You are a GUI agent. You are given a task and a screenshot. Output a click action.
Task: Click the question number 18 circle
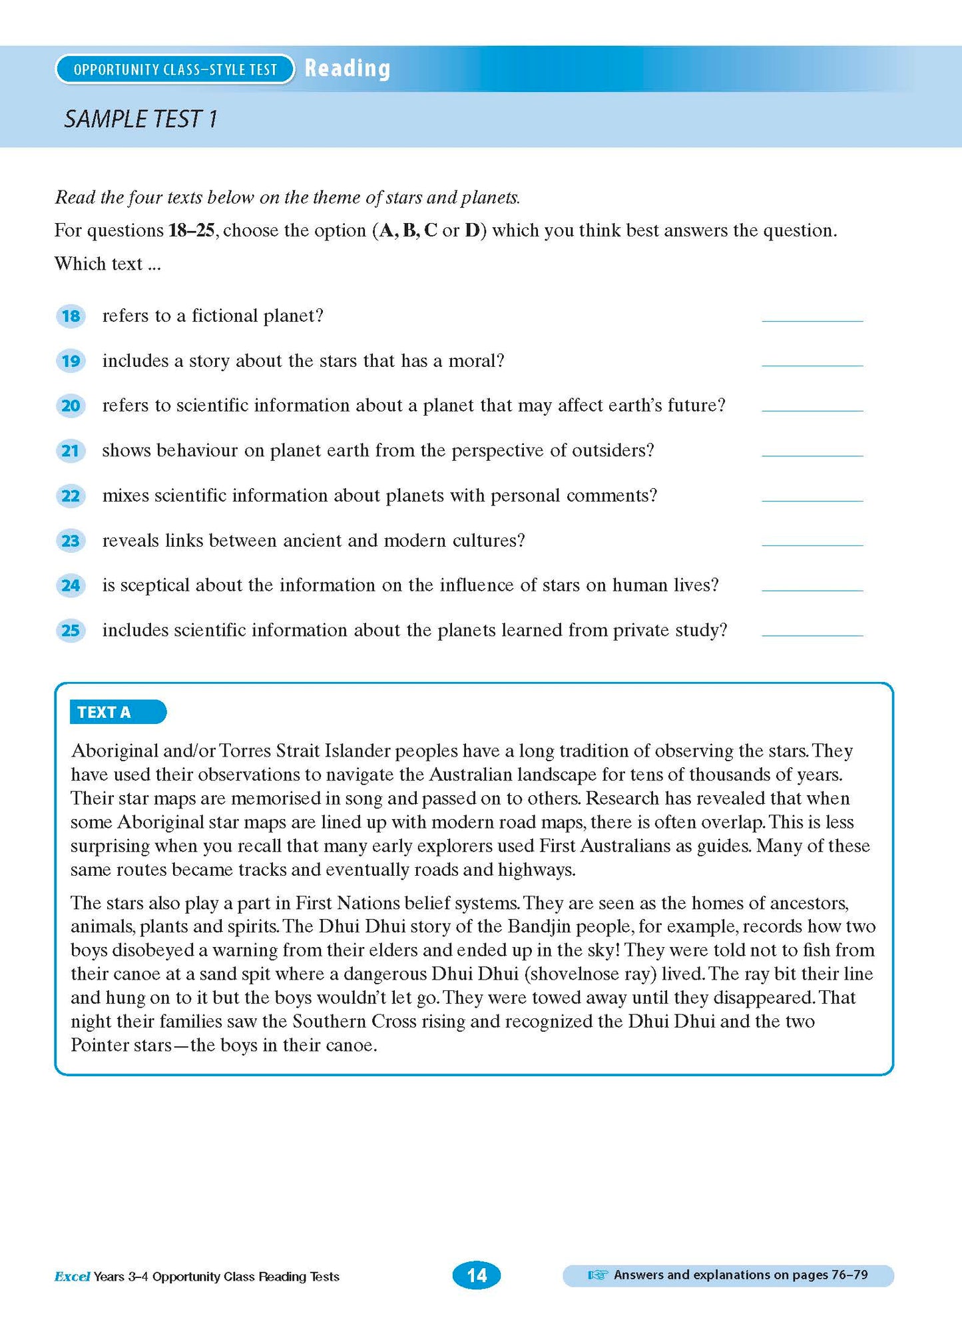(71, 316)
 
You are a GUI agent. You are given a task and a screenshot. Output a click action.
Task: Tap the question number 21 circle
(71, 451)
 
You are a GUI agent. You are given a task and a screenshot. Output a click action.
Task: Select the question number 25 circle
(71, 631)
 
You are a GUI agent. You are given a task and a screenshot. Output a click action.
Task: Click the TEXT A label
(117, 712)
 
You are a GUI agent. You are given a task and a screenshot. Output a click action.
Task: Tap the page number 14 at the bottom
(477, 1275)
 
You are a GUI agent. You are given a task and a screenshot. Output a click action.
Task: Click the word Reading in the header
(348, 69)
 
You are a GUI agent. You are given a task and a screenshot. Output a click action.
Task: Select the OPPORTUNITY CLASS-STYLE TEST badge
(175, 69)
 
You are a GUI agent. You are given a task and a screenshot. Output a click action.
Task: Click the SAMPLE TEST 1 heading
(140, 119)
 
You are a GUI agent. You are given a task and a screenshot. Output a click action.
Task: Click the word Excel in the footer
(72, 1276)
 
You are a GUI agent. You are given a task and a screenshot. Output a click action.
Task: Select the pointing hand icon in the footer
(597, 1275)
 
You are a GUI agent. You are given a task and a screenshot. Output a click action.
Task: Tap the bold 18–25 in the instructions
(192, 230)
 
